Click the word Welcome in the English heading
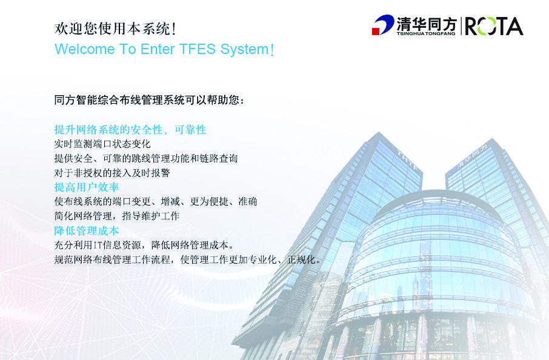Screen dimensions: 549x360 pos(84,49)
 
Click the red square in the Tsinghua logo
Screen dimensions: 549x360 pos(375,32)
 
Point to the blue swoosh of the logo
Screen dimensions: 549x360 pos(385,24)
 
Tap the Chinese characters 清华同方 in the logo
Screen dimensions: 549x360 pos(426,24)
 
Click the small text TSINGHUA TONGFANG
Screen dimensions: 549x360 pos(426,33)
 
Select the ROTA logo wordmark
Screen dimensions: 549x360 pos(494,27)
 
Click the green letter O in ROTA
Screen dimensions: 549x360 pos(487,27)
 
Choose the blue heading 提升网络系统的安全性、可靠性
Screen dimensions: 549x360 pos(130,130)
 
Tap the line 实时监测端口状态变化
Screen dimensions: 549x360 pos(102,144)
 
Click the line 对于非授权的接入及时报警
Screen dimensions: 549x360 pos(112,173)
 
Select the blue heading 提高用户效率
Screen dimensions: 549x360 pos(87,187)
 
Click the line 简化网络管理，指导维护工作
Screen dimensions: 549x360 pos(116,216)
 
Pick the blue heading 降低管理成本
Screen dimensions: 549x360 pos(87,230)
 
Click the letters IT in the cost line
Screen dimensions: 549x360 pos(97,245)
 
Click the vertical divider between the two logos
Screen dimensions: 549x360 pos(461,26)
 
